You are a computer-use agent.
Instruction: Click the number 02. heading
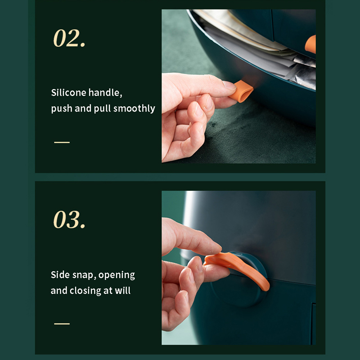[69, 38]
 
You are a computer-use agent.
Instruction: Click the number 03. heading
[69, 220]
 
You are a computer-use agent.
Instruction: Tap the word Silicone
[68, 93]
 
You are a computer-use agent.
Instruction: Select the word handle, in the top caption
[105, 93]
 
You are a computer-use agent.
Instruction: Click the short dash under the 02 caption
[62, 142]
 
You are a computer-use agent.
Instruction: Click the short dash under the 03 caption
[62, 324]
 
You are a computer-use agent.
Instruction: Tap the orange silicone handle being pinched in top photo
[242, 91]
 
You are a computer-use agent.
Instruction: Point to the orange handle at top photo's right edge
[310, 44]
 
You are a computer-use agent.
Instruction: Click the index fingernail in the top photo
[229, 85]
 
